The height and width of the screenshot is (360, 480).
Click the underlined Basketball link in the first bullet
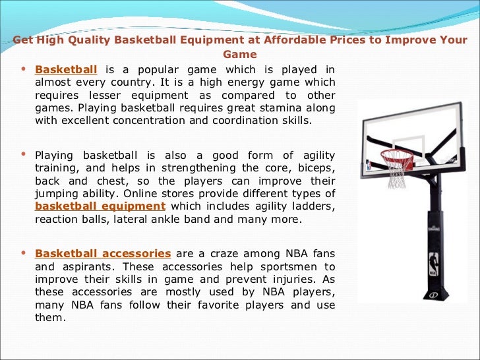point(66,70)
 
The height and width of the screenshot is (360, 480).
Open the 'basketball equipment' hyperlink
point(100,206)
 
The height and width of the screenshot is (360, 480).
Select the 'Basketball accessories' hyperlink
point(103,254)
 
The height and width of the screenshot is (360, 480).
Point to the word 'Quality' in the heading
point(88,40)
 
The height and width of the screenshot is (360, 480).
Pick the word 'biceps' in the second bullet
point(315,168)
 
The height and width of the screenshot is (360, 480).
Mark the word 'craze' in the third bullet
point(210,254)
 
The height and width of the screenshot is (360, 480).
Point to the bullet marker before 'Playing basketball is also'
point(24,155)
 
